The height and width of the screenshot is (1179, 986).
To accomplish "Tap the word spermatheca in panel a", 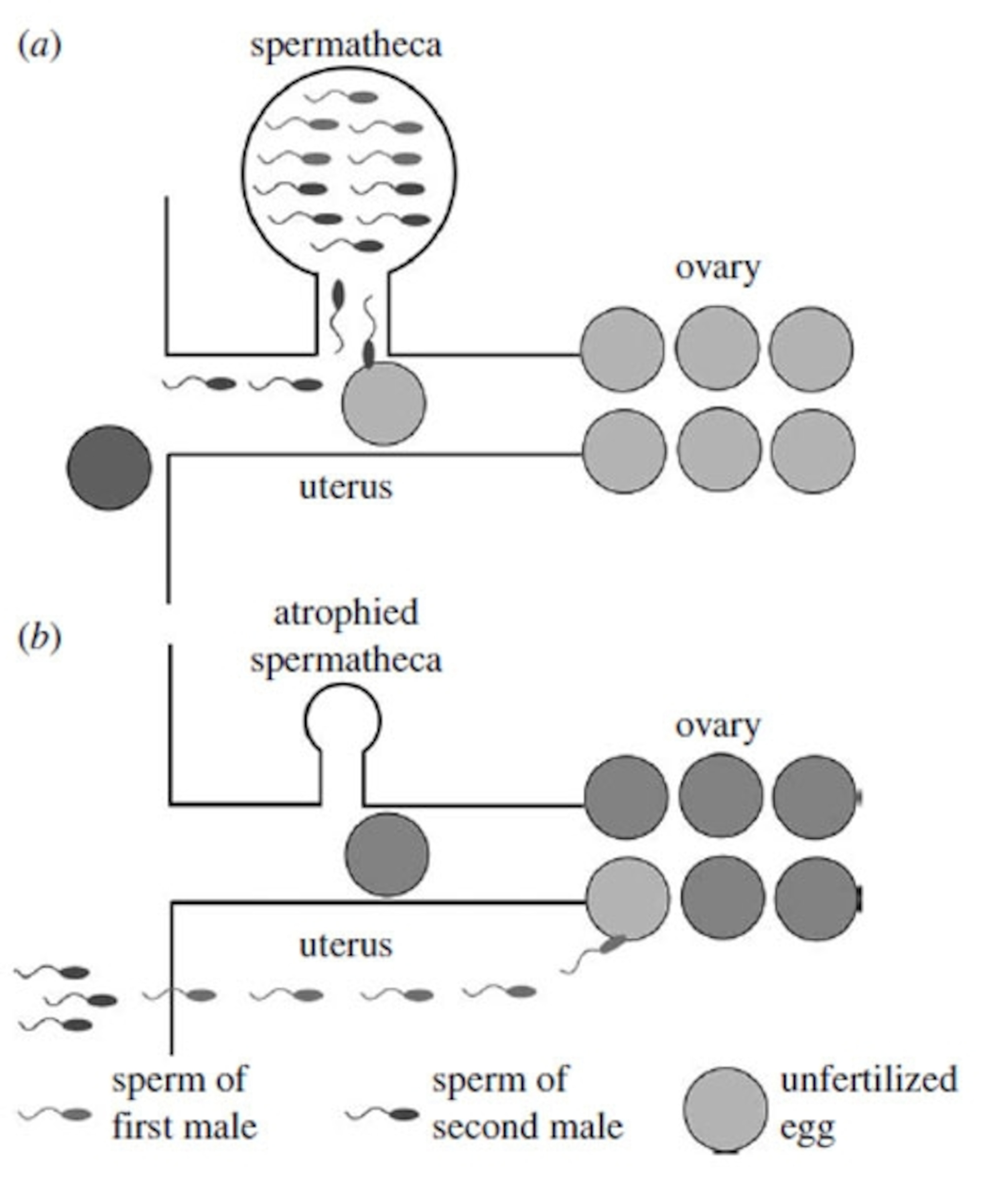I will point(346,45).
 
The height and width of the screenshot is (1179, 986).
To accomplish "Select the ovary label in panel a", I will point(717,268).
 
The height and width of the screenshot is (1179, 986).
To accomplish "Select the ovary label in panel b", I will point(717,726).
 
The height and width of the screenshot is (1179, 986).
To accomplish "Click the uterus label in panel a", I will point(346,487).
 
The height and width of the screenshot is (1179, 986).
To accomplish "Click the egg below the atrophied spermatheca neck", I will point(387,854).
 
